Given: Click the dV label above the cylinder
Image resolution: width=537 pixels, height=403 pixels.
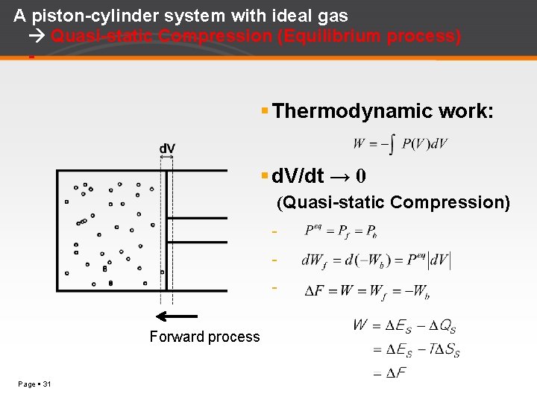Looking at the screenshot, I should point(167,149).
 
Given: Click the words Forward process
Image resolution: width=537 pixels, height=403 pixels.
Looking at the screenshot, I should point(204,337).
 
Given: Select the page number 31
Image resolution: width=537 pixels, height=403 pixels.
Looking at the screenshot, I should point(46,384).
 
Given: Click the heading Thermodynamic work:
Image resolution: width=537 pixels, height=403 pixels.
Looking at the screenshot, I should point(383,111).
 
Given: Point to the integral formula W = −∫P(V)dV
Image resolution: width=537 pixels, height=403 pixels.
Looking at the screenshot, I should point(401,144).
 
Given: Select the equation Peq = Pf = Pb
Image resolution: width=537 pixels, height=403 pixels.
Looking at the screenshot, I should point(340,231).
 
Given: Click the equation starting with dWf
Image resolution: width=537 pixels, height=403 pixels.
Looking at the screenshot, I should point(375,260).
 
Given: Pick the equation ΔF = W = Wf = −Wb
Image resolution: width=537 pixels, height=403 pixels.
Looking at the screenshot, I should point(366,292).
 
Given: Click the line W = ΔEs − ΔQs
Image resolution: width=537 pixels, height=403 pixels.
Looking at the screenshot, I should point(403,325).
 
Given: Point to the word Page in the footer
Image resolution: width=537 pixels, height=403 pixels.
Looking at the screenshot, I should point(25,384).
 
